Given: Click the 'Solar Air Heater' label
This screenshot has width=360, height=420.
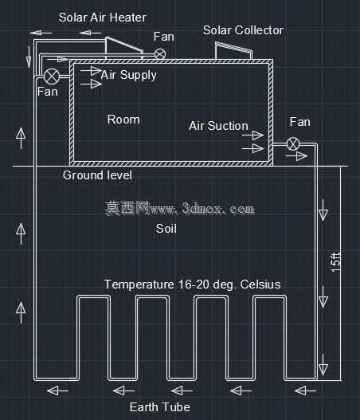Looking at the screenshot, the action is (103, 18).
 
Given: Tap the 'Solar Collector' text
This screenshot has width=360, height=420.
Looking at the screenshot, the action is (243, 30).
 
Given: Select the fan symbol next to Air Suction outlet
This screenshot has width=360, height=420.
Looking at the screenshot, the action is (293, 143).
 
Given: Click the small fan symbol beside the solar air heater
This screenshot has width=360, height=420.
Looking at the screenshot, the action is (160, 54).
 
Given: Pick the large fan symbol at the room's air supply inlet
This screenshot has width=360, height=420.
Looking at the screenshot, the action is (52, 76).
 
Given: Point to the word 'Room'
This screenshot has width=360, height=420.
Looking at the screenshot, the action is (123, 120).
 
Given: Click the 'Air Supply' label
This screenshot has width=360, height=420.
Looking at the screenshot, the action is (128, 75).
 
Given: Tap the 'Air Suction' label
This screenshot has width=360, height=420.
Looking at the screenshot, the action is (219, 126).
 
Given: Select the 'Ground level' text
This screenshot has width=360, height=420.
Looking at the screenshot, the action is (97, 175).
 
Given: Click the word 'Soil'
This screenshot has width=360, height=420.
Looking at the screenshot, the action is (166, 229).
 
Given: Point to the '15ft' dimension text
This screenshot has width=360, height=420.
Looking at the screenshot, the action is (335, 262).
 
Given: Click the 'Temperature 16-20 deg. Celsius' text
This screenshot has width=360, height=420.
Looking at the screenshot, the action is (193, 285).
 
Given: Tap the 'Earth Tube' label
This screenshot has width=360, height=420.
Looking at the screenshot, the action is (160, 407).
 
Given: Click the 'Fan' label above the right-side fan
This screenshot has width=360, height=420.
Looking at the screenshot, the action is (299, 122).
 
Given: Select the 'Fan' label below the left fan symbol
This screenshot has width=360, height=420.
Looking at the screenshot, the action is (48, 92).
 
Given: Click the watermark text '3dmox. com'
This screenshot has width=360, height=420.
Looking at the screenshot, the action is (218, 208).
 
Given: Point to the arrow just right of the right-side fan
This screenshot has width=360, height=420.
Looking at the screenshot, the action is (296, 156).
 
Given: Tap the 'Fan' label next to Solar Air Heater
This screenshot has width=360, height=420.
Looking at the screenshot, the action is (164, 37).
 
